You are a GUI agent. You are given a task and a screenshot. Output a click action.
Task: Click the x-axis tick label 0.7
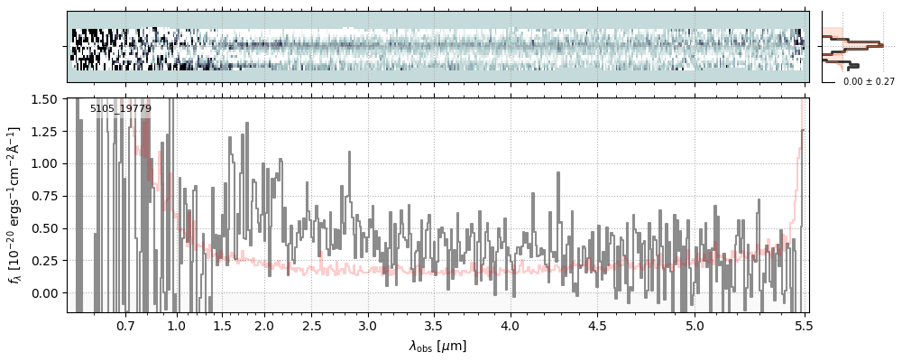click(x=125, y=325)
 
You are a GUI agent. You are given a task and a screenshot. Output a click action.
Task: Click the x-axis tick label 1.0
click(x=177, y=325)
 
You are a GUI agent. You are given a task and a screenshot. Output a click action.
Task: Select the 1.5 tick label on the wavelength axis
click(x=222, y=325)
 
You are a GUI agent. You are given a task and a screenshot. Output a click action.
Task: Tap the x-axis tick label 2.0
click(x=263, y=325)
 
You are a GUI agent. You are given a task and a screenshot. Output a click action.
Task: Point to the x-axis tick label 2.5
click(x=312, y=325)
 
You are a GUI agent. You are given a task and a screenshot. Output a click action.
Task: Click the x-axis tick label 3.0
click(x=367, y=325)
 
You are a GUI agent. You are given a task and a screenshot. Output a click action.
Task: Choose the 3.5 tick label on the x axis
click(x=433, y=325)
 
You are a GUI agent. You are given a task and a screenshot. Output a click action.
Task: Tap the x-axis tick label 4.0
click(x=510, y=325)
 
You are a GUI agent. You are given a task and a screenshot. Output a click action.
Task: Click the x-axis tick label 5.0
click(x=695, y=325)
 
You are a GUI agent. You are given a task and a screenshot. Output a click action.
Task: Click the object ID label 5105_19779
click(x=121, y=109)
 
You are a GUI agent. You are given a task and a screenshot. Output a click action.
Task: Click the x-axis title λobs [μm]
click(x=437, y=346)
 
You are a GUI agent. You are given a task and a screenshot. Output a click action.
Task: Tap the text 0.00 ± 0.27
click(x=869, y=81)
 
